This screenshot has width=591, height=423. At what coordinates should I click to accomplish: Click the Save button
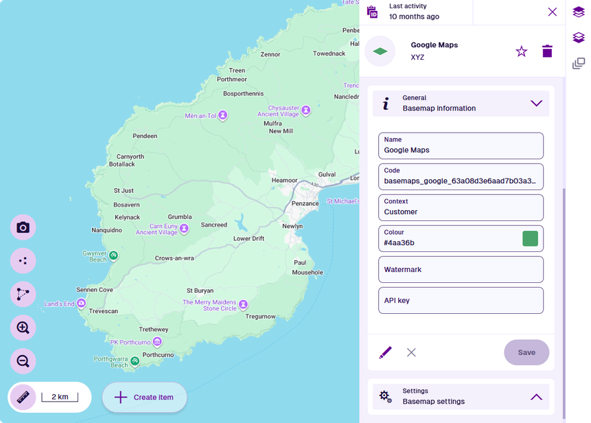526,352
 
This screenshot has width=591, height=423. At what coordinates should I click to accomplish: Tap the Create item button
145,397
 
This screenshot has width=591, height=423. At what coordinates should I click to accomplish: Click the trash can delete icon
547,52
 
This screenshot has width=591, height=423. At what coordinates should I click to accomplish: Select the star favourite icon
521,52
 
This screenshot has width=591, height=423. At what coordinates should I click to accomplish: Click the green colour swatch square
530,238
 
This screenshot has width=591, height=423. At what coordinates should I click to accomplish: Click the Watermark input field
461,269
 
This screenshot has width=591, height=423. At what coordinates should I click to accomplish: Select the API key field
461,300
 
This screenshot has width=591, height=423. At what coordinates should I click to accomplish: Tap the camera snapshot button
23,227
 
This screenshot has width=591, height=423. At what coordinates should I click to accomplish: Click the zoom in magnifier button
23,328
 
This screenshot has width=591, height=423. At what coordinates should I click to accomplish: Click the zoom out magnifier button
23,361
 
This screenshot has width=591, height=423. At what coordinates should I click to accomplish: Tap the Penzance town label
305,203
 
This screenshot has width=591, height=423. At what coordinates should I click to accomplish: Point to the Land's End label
59,304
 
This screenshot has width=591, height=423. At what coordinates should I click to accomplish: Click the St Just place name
124,190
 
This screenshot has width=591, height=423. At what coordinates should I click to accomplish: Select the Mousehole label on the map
308,272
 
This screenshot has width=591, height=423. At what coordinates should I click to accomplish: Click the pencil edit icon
385,352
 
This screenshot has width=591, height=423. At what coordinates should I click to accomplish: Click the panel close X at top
553,12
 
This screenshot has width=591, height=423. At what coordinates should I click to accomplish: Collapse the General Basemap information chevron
537,103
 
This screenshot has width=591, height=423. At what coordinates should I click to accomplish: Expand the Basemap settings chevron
537,396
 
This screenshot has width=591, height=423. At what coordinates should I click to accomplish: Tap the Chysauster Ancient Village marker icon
306,110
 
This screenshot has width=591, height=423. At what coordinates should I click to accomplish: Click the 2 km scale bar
59,397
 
